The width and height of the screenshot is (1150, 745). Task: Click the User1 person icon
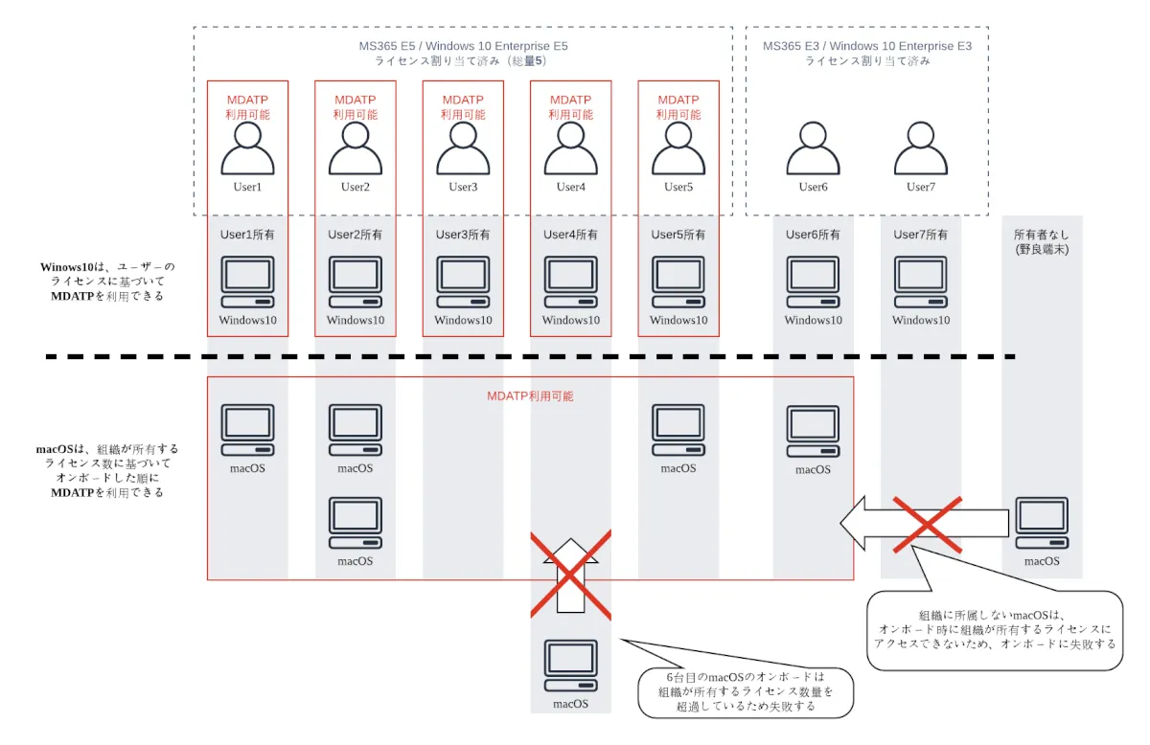(247, 148)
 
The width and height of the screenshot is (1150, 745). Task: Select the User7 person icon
(920, 148)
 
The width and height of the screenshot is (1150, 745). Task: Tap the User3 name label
(463, 187)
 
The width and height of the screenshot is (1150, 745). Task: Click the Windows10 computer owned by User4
(570, 282)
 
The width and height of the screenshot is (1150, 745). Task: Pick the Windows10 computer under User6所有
(813, 282)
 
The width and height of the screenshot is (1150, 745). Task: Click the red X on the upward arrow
(571, 575)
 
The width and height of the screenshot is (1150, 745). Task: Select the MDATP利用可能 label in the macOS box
(530, 395)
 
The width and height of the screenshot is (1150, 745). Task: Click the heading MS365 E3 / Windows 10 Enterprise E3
(866, 45)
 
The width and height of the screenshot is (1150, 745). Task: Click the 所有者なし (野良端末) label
(1041, 241)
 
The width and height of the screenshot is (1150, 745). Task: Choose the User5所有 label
(678, 234)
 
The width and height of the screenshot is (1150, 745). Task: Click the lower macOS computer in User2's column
(355, 523)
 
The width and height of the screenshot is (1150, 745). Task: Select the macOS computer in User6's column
(813, 432)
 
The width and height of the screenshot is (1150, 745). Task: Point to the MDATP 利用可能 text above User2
(355, 106)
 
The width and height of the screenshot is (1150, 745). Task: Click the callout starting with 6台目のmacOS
(746, 691)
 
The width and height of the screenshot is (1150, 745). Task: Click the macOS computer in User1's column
(247, 430)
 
